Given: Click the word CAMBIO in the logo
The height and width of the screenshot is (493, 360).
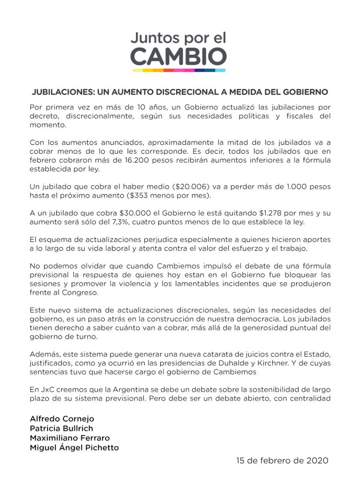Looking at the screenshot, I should coord(178,57).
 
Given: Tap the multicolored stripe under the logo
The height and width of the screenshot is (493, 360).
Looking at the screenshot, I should coord(179,70).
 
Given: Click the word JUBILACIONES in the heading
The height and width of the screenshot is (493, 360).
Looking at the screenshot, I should coord(61,92).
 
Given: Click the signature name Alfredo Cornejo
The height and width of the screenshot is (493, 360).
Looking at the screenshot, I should coord(62,419).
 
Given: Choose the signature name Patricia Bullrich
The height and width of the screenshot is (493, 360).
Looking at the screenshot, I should coord(62,428).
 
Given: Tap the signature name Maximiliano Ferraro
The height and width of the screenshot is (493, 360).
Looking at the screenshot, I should coord(70,438).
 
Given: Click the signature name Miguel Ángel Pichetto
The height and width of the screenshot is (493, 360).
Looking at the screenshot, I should coord(74,448).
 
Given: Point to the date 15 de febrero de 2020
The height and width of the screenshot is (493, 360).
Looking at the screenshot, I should coord(282,461).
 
